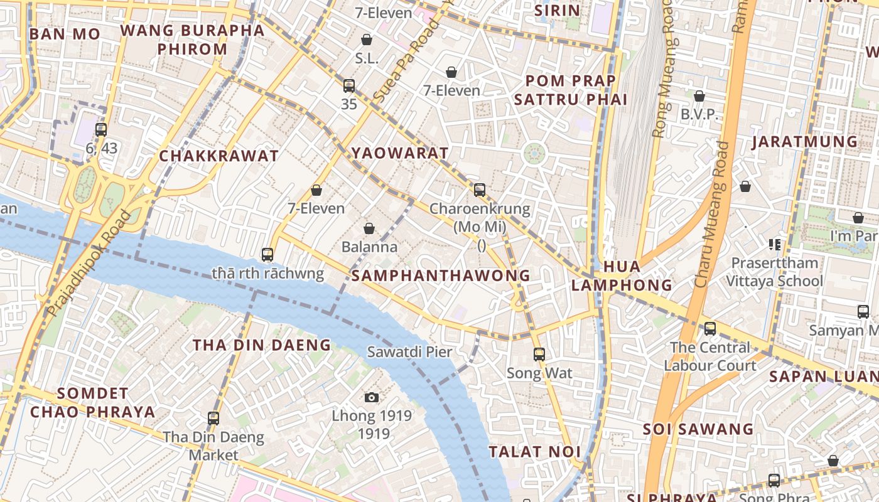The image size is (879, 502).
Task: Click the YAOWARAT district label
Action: pyautogui.click(x=400, y=153)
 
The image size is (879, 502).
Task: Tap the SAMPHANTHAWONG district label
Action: pyautogui.click(x=441, y=275)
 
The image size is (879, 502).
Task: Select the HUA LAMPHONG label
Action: pyautogui.click(x=622, y=275)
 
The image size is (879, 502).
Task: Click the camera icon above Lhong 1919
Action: pyautogui.click(x=372, y=397)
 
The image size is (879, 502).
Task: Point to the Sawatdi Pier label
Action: pyautogui.click(x=409, y=352)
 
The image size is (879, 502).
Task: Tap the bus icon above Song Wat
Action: pyautogui.click(x=539, y=355)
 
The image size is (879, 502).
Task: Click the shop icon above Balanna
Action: pyautogui.click(x=369, y=228)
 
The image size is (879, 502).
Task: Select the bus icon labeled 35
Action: pyautogui.click(x=349, y=86)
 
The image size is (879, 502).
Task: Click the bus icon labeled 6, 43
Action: pyautogui.click(x=101, y=130)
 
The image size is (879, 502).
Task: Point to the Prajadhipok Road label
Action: pyautogui.click(x=89, y=264)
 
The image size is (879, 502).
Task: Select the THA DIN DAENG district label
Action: pyautogui.click(x=261, y=345)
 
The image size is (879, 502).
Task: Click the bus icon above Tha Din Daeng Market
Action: pyautogui.click(x=213, y=419)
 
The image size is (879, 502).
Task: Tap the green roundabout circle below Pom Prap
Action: pyautogui.click(x=534, y=153)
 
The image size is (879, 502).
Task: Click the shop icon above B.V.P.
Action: pyautogui.click(x=699, y=96)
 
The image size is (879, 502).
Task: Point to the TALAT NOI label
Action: pyautogui.click(x=534, y=452)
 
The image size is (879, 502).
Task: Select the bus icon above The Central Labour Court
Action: pyautogui.click(x=709, y=328)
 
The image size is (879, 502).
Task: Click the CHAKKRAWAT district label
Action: pyautogui.click(x=218, y=156)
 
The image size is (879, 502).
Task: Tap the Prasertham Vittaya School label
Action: pyautogui.click(x=774, y=272)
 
